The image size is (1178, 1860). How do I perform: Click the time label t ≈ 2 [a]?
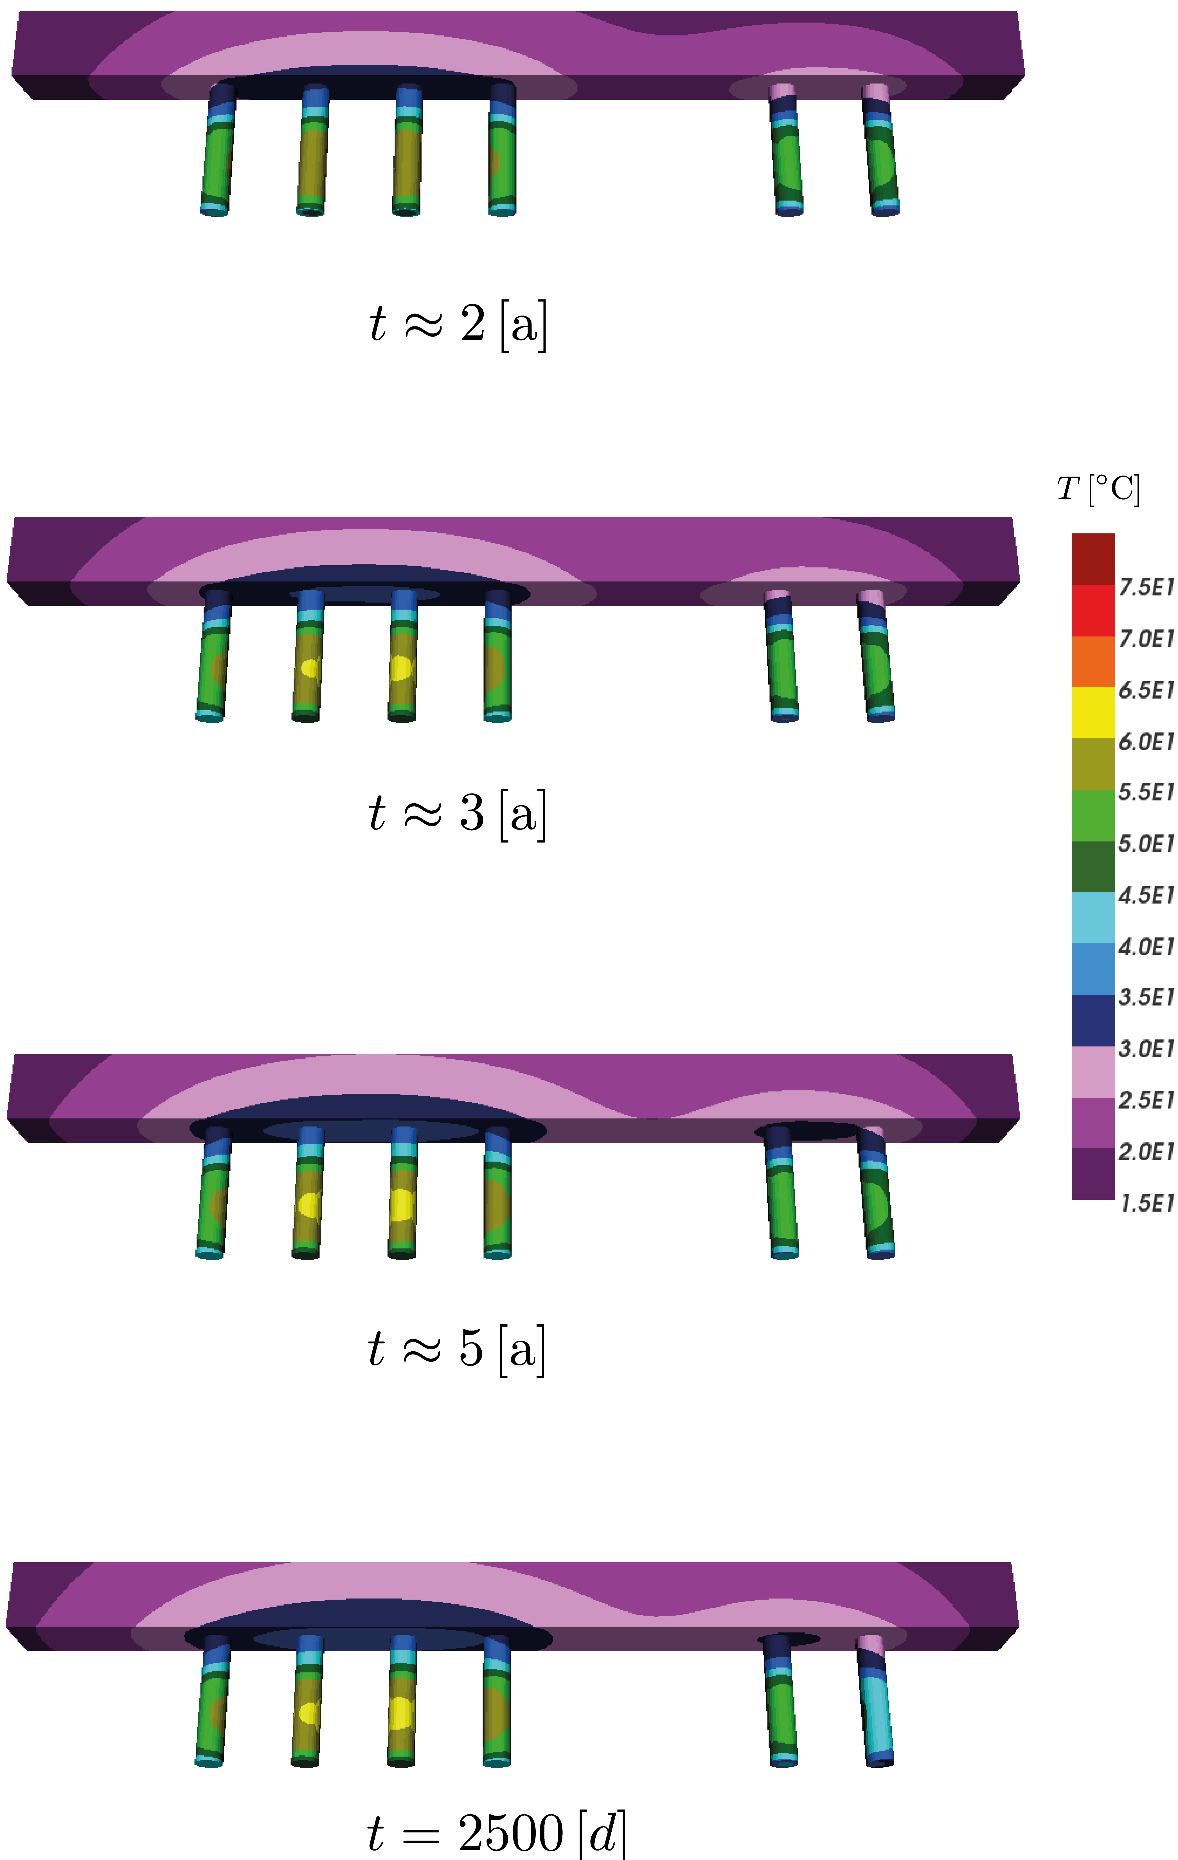(458, 324)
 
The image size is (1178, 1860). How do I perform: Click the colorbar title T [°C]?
(1098, 489)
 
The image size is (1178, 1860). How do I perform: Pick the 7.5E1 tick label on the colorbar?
(1146, 588)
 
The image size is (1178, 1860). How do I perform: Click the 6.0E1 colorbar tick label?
(1146, 741)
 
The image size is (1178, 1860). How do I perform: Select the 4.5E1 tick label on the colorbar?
(1146, 895)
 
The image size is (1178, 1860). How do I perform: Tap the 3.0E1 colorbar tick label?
(1146, 1049)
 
